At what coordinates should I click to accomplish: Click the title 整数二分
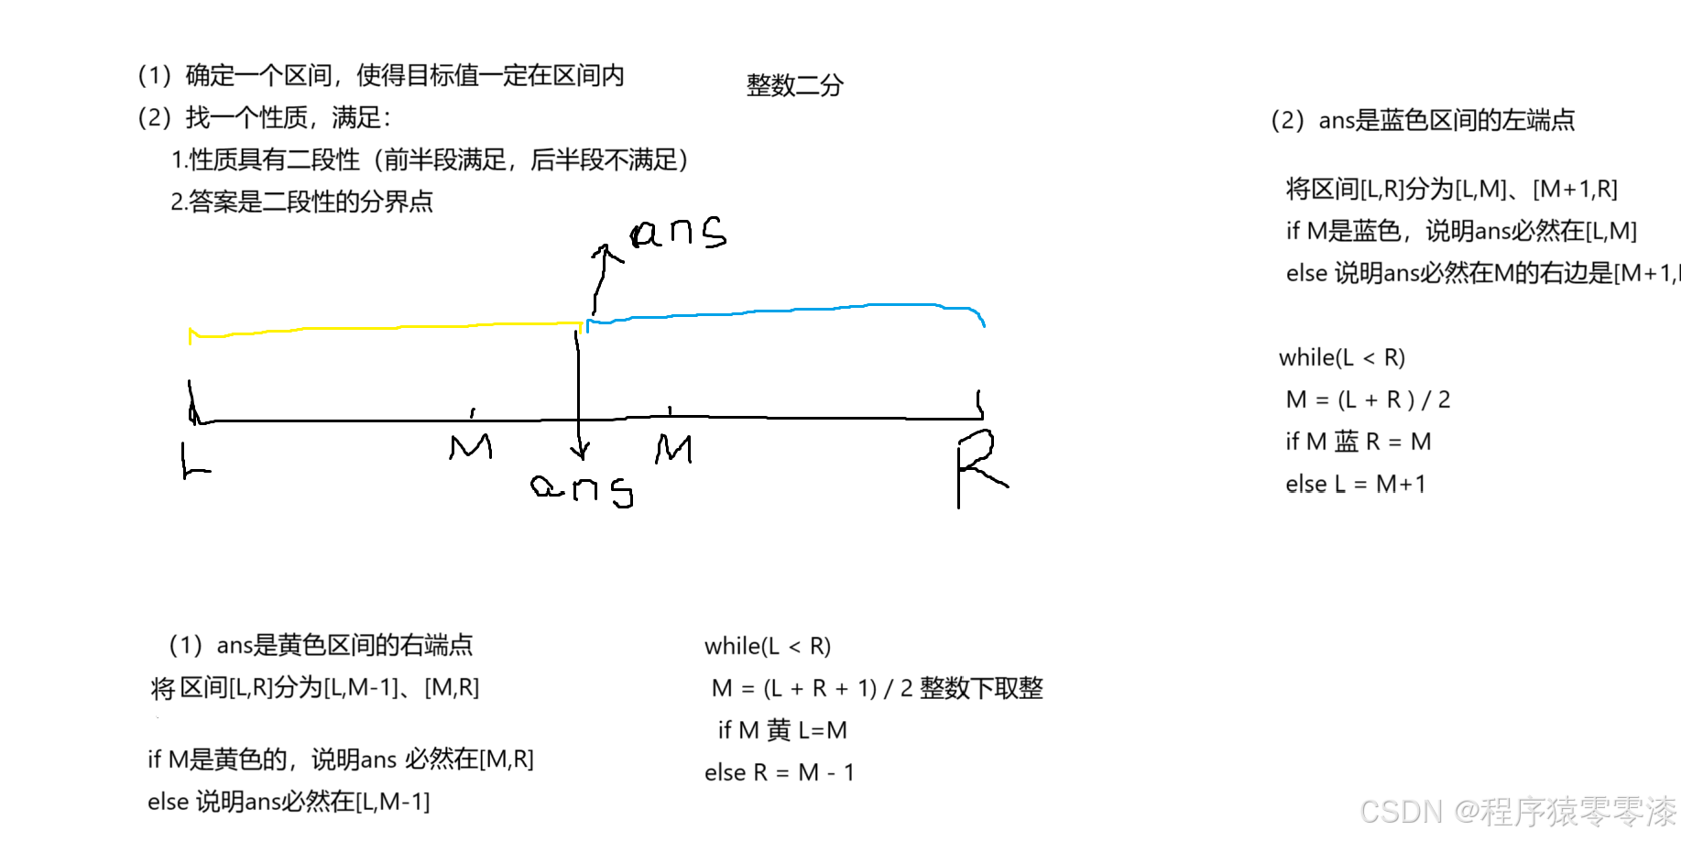click(x=794, y=86)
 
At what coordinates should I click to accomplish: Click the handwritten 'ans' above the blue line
click(x=679, y=233)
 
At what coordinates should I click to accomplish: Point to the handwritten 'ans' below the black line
click(x=583, y=488)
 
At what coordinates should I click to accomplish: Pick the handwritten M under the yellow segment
click(x=471, y=447)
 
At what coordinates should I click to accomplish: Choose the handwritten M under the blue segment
click(x=674, y=449)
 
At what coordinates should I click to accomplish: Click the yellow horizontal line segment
click(x=385, y=328)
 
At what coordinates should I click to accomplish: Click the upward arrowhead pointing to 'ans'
click(x=604, y=250)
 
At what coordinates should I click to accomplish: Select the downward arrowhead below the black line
click(x=579, y=451)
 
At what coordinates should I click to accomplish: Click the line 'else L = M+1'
click(x=1355, y=484)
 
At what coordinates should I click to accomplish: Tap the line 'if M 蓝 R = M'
click(x=1358, y=442)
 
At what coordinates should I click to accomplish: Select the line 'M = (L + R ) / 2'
click(x=1368, y=399)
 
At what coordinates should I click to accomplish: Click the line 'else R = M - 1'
click(x=779, y=772)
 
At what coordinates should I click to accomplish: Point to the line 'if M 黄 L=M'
click(x=782, y=730)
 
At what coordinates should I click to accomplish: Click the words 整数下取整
click(x=981, y=688)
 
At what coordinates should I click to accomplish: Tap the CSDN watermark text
click(x=1517, y=812)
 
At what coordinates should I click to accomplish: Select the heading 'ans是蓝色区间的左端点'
click(x=1446, y=120)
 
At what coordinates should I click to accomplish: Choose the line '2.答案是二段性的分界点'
click(x=301, y=202)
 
